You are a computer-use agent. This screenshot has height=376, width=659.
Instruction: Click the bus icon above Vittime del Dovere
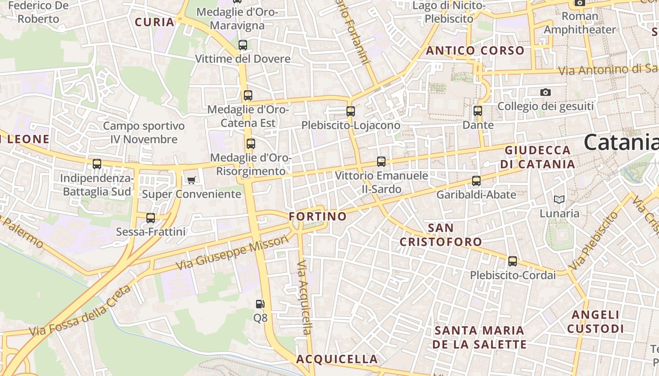point(243,45)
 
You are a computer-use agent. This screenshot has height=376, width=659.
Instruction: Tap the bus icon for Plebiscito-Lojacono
point(351,111)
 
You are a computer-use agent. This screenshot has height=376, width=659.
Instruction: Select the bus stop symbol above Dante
point(478,111)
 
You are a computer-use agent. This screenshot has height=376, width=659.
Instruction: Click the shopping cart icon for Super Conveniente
point(191,180)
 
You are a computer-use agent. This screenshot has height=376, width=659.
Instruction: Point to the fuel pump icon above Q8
point(260,304)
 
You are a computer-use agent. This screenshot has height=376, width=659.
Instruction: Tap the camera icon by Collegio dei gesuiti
point(546,92)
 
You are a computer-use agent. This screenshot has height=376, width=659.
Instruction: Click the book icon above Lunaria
point(559,200)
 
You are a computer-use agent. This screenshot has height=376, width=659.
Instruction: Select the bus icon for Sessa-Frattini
point(151,218)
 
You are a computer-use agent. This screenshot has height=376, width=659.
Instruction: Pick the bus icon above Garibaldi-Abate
point(476,180)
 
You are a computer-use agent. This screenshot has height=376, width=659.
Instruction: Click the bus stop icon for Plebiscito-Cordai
point(513,261)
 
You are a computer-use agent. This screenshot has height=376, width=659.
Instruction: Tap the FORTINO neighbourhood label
point(318,216)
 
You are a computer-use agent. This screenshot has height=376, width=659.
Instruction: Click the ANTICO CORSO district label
point(475,51)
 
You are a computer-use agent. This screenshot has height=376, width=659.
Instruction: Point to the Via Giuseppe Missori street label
point(232,253)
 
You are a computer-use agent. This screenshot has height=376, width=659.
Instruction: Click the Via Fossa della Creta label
point(80,311)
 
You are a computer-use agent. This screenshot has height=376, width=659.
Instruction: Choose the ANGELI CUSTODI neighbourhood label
point(595,321)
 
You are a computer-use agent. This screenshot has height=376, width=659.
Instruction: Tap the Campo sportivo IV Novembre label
point(144,133)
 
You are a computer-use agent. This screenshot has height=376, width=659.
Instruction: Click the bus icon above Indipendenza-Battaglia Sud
point(97,164)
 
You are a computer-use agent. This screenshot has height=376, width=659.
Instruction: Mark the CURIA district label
point(154,22)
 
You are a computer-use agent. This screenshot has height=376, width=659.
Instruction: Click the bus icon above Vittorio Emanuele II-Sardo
point(381,162)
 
